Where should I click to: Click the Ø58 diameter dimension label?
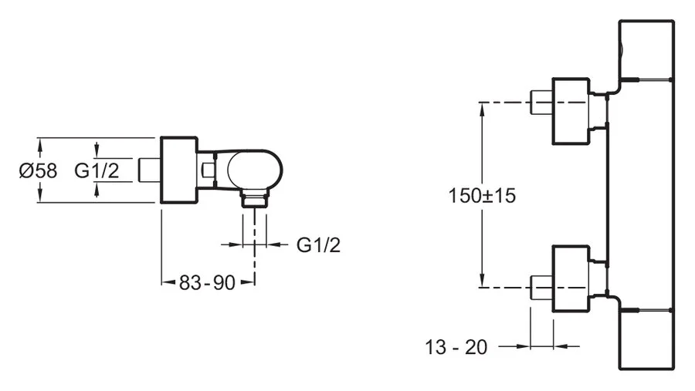pos(38,170)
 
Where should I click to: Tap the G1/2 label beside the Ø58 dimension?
pos(97,170)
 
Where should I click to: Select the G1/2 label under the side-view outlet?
pos(318,244)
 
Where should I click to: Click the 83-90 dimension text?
pos(206,283)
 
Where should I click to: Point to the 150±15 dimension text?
pos(482,195)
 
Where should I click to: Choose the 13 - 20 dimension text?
pos(456,347)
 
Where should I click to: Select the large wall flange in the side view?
pos(179,170)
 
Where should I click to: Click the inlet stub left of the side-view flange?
pos(148,170)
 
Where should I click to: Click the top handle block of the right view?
pos(646,49)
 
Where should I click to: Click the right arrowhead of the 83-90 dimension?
pos(250,283)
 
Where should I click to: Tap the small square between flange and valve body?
pos(207,168)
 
